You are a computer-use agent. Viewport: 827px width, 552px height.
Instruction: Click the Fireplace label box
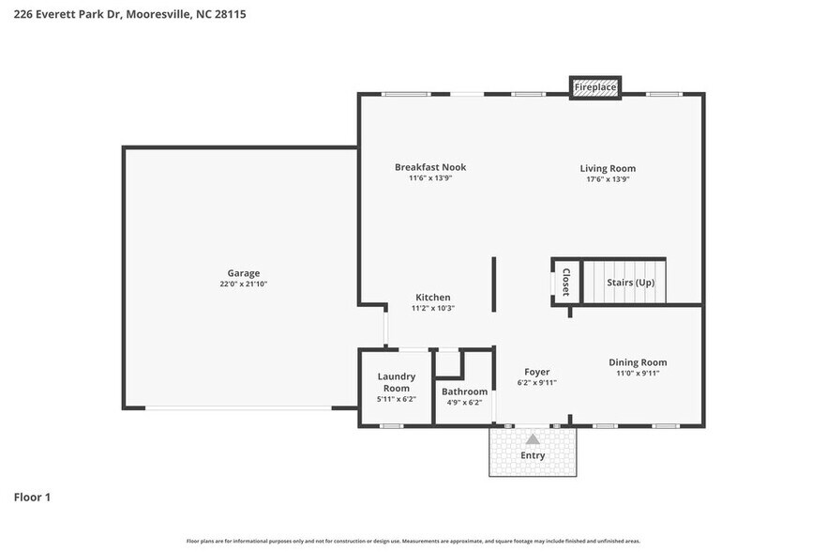tap(595, 87)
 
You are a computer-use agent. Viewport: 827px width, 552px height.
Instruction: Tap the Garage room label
tap(243, 273)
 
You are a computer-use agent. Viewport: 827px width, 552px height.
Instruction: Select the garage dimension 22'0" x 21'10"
tap(243, 284)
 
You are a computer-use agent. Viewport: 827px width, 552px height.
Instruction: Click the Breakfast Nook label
tap(430, 167)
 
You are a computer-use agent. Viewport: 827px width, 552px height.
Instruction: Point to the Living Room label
tap(608, 168)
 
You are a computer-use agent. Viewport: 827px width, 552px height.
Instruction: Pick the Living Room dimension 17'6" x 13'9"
tap(608, 179)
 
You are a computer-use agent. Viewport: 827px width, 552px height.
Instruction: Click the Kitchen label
tap(432, 298)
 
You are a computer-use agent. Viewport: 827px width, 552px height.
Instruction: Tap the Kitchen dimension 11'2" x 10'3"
tap(432, 309)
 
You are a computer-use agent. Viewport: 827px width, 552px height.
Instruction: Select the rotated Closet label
tap(565, 283)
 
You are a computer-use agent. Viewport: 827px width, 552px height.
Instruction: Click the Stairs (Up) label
tap(631, 283)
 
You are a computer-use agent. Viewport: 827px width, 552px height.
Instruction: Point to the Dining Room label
tap(638, 362)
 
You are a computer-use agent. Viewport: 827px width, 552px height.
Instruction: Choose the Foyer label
tap(537, 372)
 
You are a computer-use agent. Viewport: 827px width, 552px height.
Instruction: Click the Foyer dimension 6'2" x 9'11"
tap(537, 383)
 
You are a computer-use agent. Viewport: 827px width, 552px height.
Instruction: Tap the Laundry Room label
tap(396, 382)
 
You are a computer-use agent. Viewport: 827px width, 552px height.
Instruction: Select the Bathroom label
tap(465, 391)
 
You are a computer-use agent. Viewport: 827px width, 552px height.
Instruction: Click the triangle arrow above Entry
tap(533, 438)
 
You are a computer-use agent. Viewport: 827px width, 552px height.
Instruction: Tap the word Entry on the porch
tap(533, 455)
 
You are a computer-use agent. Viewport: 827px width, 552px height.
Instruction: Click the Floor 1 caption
tap(32, 497)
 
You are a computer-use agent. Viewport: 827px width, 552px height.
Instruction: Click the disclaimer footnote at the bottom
tap(413, 541)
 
